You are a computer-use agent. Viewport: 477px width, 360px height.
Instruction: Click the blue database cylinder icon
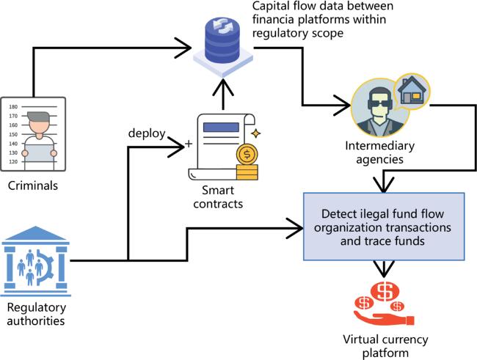tap(222, 40)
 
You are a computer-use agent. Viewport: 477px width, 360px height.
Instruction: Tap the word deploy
tap(147, 133)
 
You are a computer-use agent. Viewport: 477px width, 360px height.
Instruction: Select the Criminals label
tap(33, 185)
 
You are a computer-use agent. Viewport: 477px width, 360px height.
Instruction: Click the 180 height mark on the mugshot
tap(13, 107)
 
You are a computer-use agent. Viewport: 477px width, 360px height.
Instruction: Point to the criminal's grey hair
tap(38, 117)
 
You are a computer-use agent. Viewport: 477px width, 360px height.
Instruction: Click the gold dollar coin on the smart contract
tap(247, 155)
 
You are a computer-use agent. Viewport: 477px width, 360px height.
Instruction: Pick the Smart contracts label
tap(218, 196)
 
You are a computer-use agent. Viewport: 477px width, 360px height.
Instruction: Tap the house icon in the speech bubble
tap(410, 90)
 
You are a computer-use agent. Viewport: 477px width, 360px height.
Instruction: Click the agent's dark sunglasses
tap(380, 104)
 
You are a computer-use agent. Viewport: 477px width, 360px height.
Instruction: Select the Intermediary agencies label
tap(379, 153)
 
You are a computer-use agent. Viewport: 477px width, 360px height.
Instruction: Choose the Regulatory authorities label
tap(36, 314)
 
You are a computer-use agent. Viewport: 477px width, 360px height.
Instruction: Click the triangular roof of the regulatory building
tap(36, 233)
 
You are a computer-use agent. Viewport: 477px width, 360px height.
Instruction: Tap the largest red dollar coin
tap(385, 291)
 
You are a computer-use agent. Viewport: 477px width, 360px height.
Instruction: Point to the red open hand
tap(384, 318)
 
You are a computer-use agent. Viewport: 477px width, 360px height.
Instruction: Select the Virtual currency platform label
tap(385, 346)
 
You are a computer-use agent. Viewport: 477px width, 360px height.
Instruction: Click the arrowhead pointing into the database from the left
tap(183, 48)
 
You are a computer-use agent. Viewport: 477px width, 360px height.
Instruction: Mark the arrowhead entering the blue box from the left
tap(295, 228)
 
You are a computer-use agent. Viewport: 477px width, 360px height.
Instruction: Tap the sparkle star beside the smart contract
tap(256, 133)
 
